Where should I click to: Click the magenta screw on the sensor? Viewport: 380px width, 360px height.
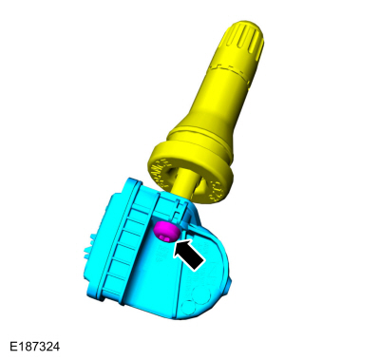[x=166, y=232]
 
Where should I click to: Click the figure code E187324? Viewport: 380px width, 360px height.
[x=34, y=347]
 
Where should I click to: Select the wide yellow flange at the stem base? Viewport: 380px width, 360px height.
[x=190, y=173]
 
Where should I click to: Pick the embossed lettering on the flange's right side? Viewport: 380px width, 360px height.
[x=217, y=190]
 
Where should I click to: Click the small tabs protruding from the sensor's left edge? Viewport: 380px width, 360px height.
[x=88, y=244]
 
